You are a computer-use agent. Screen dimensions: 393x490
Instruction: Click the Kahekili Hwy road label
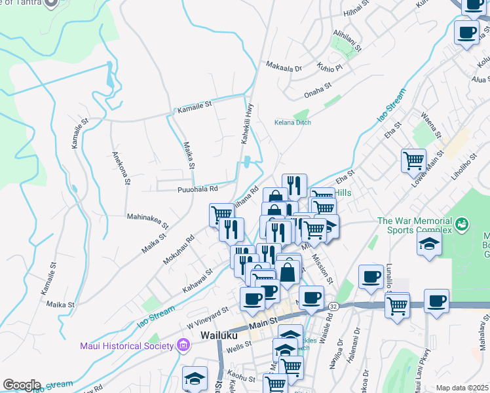pos(248,123)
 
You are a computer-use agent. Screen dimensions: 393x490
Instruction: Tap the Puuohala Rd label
pos(197,189)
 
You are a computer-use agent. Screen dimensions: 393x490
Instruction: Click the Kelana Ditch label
pos(292,122)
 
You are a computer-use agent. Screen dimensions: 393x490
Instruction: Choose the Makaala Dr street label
pos(284,66)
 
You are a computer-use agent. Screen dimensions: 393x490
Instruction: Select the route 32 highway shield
pos(333,306)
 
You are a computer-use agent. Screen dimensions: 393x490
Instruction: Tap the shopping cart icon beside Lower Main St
pos(413,159)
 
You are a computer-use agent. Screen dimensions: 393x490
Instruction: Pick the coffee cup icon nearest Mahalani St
pos(436,301)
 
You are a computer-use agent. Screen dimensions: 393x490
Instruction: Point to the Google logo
pos(21,385)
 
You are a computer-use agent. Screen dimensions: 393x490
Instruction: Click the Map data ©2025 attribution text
pos(462,388)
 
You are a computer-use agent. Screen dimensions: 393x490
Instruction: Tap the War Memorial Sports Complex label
pos(414,225)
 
